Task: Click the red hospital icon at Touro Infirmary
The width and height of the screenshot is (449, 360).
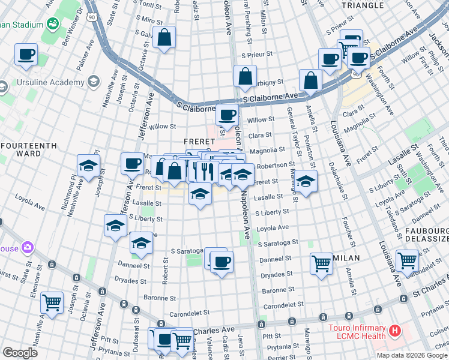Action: tap(395, 330)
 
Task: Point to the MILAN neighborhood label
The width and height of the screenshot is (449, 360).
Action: tap(346, 258)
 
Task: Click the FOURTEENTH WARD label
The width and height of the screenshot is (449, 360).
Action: tap(29, 149)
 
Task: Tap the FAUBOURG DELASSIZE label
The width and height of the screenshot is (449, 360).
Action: tap(427, 234)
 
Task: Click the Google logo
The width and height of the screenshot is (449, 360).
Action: tap(20, 353)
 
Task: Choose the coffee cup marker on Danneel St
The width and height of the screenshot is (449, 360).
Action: tap(221, 261)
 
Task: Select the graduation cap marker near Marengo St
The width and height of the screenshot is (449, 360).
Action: tap(306, 181)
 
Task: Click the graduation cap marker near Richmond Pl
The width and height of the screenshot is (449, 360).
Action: tap(88, 166)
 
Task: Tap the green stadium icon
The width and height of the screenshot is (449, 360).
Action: tap(52, 25)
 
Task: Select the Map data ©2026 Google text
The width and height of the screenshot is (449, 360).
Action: tap(411, 355)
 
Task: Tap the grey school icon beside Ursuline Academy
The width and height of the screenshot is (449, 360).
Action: tap(93, 81)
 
